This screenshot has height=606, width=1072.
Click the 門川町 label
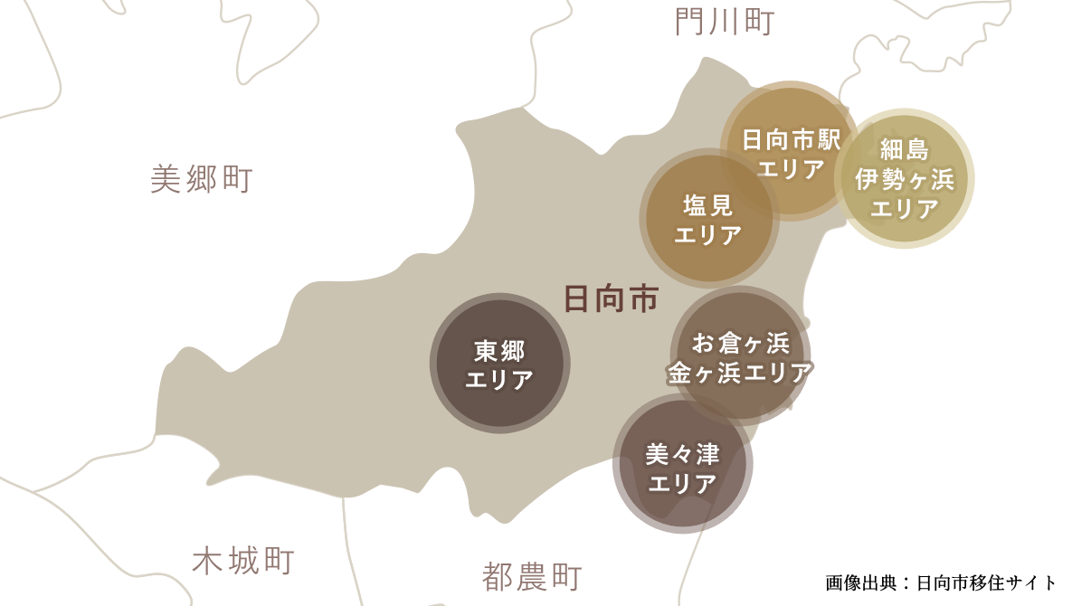click(725, 22)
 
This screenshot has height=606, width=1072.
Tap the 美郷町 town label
click(201, 179)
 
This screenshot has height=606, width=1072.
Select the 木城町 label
click(243, 562)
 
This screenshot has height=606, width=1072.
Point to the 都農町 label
click(532, 576)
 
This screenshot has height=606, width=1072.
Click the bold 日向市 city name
click(611, 298)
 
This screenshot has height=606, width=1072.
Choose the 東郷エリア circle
click(499, 363)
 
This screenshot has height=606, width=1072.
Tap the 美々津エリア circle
click(682, 463)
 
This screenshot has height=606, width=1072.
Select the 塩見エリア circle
click(708, 220)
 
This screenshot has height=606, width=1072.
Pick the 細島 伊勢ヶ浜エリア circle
click(904, 179)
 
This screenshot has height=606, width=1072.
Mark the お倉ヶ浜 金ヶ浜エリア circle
click(740, 356)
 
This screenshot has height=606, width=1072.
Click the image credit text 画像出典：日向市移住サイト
click(941, 582)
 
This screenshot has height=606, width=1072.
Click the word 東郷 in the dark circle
click(499, 349)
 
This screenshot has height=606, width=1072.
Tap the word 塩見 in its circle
click(708, 205)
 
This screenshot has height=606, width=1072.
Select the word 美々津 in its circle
click(683, 453)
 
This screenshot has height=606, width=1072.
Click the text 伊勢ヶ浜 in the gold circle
click(905, 179)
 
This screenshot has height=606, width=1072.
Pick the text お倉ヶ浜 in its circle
click(741, 343)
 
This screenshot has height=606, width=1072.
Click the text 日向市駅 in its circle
click(792, 139)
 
